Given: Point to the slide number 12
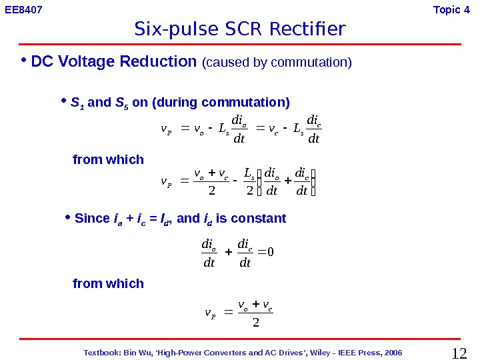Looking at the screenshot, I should tap(461, 353).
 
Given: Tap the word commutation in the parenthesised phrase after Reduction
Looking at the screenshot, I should tap(312, 63).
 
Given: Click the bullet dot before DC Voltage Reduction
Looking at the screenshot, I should tap(23, 61).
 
